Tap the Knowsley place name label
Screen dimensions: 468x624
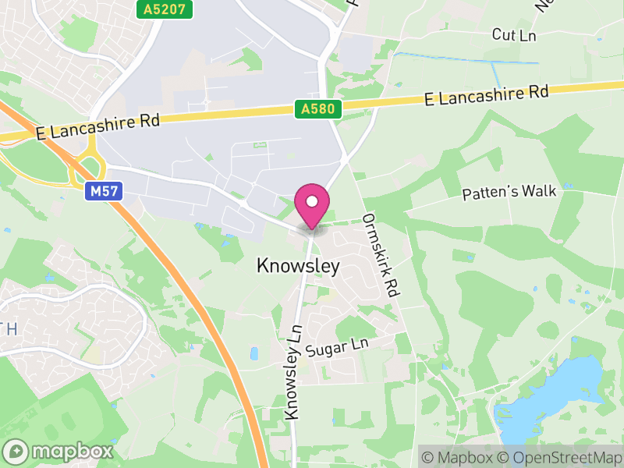pos(298,267)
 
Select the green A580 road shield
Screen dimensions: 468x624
pos(319,110)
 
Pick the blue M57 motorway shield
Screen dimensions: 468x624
pos(101,190)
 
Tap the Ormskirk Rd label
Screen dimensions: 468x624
pos(381,255)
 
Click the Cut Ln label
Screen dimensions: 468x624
pos(515,34)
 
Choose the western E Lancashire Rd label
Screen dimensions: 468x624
pos(98,128)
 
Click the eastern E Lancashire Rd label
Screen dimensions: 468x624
pos(486,94)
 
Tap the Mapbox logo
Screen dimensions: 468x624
pos(59,451)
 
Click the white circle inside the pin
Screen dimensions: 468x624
pos(312,201)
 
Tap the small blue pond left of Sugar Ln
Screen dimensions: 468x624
pos(253,353)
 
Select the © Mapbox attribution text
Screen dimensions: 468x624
pos(459,456)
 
